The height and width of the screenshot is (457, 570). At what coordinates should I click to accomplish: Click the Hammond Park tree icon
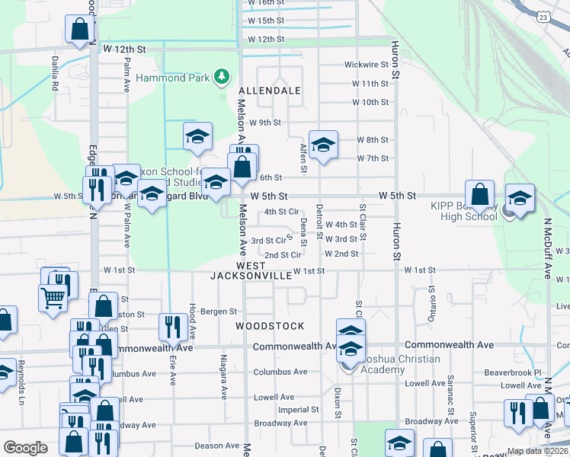coord(221,75)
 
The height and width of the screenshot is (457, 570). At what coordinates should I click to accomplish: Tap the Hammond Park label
coord(174,77)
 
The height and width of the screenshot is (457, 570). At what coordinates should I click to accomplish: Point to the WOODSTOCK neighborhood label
coord(270,326)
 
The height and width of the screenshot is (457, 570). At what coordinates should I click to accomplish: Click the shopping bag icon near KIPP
coord(479,194)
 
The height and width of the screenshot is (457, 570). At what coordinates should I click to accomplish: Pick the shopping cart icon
coord(52,298)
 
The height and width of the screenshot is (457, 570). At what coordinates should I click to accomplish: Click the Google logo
coord(25,448)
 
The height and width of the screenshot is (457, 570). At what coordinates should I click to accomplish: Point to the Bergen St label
coord(219,312)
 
